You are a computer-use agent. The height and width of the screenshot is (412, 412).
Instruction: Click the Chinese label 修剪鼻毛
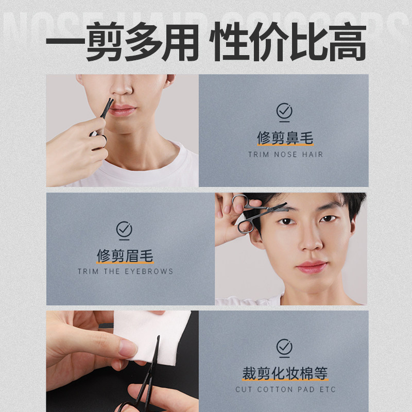click(x=284, y=138)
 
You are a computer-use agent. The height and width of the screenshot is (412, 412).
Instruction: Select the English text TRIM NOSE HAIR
click(x=285, y=154)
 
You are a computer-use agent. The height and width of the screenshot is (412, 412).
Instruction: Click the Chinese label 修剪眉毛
click(x=125, y=255)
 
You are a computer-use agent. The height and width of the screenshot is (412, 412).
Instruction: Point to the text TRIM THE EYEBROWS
click(x=125, y=271)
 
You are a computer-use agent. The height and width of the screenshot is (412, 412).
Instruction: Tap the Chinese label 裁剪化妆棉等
click(x=285, y=373)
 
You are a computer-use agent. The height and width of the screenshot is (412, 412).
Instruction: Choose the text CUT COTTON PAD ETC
click(x=285, y=389)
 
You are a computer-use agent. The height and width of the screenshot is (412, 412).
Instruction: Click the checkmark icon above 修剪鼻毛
click(x=284, y=111)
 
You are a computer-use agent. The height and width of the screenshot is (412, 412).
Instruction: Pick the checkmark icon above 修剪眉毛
click(x=124, y=229)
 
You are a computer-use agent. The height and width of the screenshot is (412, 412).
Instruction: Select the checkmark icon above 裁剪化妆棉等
click(x=284, y=347)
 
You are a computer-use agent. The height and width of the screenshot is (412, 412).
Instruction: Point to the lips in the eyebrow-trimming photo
click(x=312, y=266)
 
